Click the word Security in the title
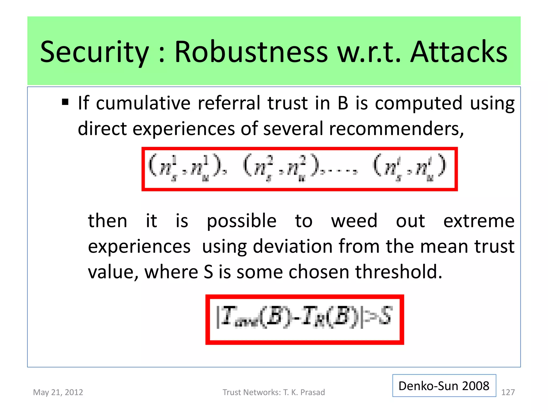[94, 52]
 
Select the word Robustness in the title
[251, 52]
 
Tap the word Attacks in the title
[459, 52]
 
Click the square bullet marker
[65, 102]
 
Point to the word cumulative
[143, 103]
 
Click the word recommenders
[396, 129]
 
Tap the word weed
[354, 221]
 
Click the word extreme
[479, 221]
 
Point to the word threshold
[398, 272]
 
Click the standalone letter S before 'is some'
[208, 272]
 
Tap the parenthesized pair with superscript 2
[281, 168]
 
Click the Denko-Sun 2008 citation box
[444, 386]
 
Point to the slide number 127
[508, 392]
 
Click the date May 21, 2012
[58, 392]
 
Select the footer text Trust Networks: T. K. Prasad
[274, 392]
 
